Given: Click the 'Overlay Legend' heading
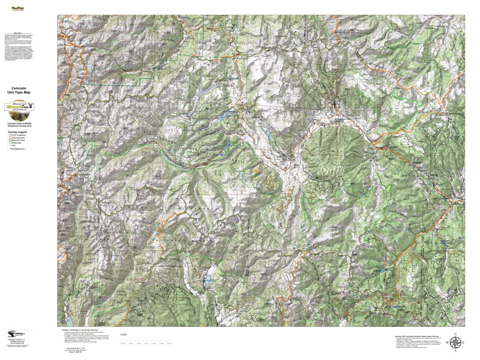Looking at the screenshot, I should (18, 132).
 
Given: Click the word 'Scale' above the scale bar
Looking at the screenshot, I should (123, 334).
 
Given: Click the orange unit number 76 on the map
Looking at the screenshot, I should (256, 171).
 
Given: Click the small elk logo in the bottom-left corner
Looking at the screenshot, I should (15, 334).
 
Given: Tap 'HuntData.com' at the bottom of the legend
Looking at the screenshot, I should (17, 149).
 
